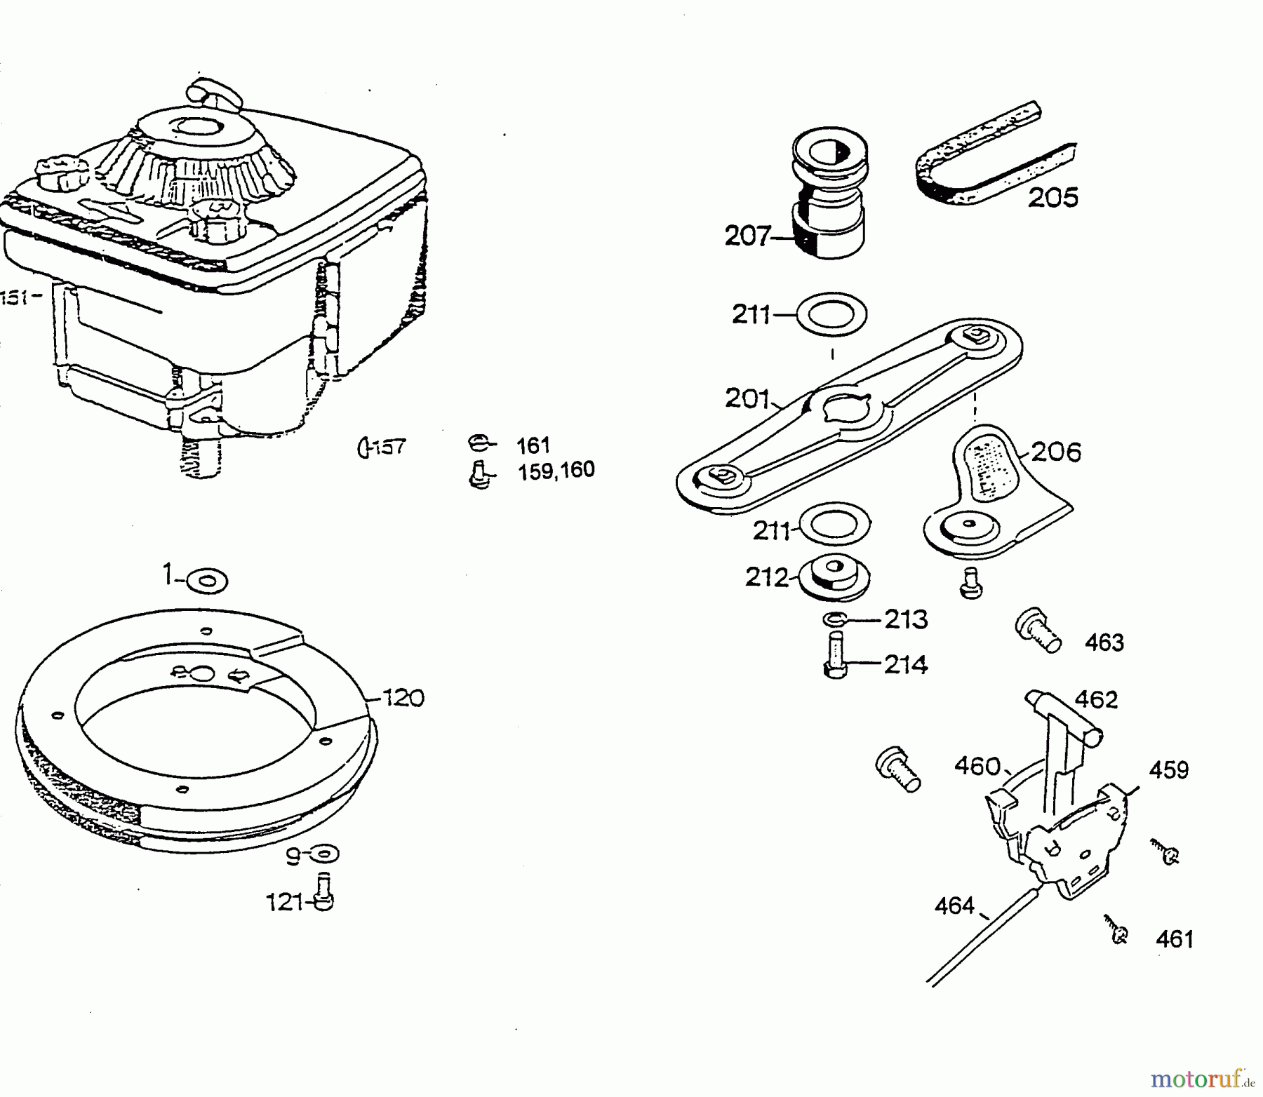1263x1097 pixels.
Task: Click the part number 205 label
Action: pyautogui.click(x=1052, y=198)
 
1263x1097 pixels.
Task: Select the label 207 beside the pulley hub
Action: pyautogui.click(x=747, y=236)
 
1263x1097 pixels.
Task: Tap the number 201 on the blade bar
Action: pyautogui.click(x=747, y=400)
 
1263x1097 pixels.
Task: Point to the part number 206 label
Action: pyautogui.click(x=1057, y=452)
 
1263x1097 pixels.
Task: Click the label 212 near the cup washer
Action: pyautogui.click(x=768, y=577)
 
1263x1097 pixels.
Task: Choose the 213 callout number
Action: pyautogui.click(x=906, y=620)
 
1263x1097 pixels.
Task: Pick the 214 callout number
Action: pyautogui.click(x=906, y=664)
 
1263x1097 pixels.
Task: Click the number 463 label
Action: pyautogui.click(x=1104, y=642)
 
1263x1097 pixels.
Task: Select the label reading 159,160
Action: pyautogui.click(x=556, y=470)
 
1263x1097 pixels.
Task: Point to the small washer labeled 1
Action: pyautogui.click(x=207, y=581)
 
